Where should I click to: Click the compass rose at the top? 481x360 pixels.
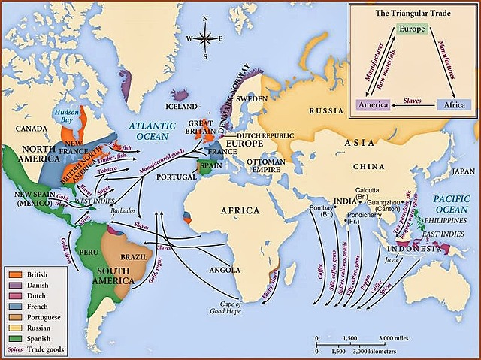[x=208, y=38]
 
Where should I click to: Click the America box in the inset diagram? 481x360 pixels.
[x=373, y=105]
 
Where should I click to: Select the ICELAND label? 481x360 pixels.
[x=182, y=107]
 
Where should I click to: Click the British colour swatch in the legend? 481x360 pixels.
[x=13, y=275]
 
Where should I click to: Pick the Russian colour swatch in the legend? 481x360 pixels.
[x=13, y=328]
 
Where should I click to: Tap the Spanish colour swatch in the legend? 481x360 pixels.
[x=13, y=339]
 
